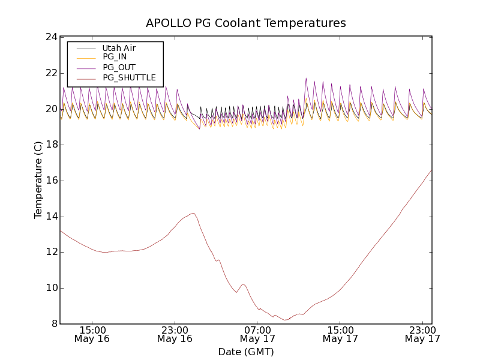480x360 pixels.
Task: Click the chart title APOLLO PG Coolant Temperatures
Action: coord(246,23)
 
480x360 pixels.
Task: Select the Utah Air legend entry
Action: coord(119,48)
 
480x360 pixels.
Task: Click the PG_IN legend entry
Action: coord(115,57)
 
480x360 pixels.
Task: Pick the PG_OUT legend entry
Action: coord(119,67)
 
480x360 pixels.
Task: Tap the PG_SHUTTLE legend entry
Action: coord(129,77)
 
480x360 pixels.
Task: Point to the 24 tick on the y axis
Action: coord(51,37)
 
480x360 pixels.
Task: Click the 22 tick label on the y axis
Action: coord(51,73)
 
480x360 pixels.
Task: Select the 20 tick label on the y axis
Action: coord(51,109)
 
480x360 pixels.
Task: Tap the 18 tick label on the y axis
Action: coord(51,145)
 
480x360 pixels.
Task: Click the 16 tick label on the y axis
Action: coord(51,181)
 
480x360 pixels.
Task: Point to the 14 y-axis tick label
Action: coord(51,217)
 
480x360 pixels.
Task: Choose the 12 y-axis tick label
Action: coord(51,252)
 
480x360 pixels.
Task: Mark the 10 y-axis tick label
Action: coord(51,288)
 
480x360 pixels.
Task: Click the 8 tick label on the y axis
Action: coord(54,324)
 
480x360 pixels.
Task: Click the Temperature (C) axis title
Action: coord(38,180)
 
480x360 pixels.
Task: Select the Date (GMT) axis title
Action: coord(246,352)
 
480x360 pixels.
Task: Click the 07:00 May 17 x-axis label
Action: coord(257,334)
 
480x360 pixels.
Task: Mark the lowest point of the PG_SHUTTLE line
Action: coord(286,320)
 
